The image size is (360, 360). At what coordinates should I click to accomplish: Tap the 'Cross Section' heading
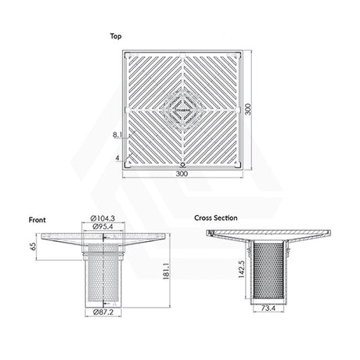coord(216,218)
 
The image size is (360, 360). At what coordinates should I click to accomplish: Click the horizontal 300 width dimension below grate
coord(182,177)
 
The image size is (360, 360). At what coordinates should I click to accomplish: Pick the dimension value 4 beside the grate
coord(117,158)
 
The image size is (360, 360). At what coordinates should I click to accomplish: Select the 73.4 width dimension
coord(268,310)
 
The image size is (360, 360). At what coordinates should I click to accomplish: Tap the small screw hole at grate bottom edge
coord(182,163)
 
